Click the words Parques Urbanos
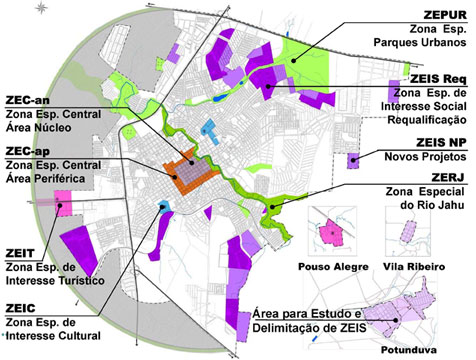[x=426, y=44]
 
